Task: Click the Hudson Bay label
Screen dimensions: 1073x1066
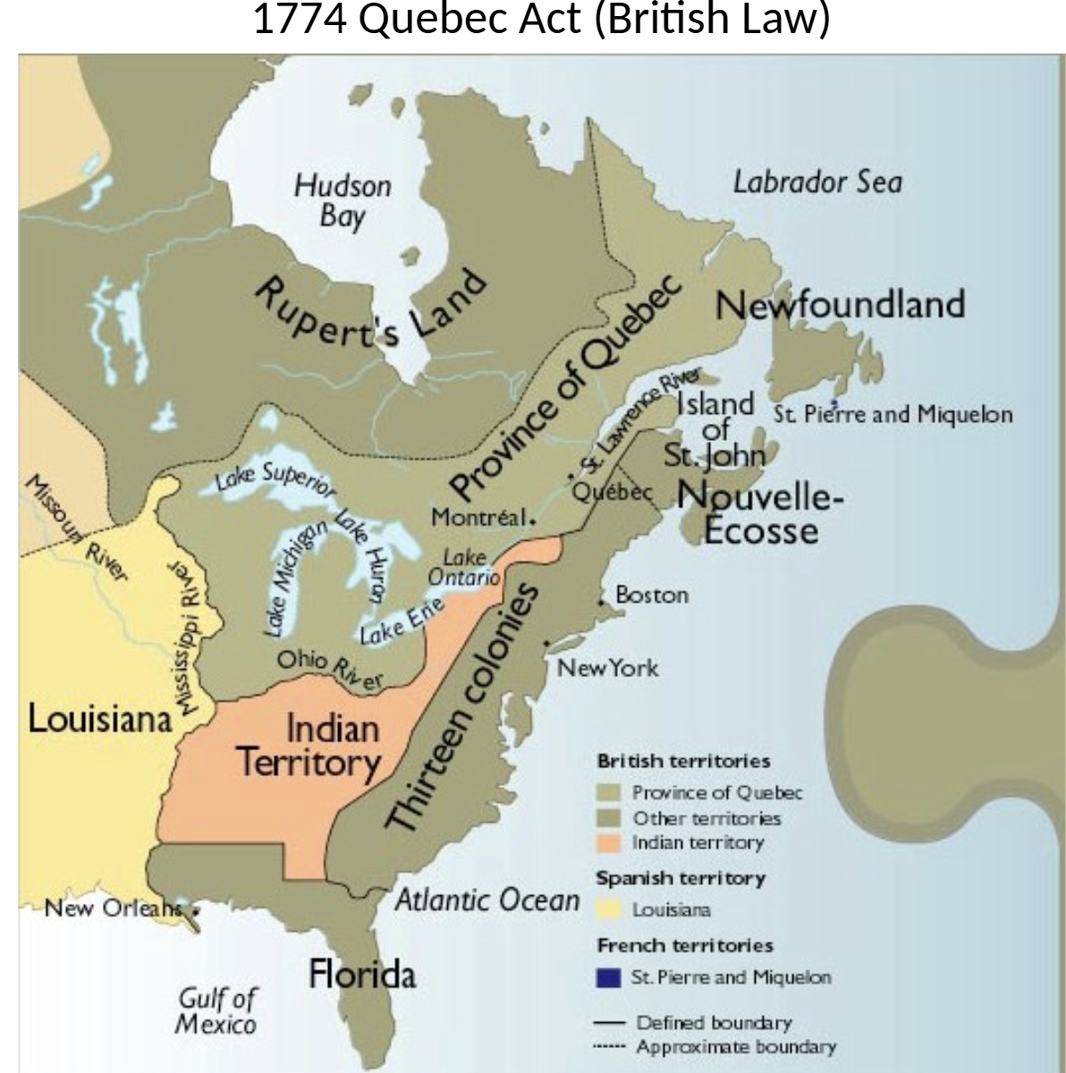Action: click(x=343, y=201)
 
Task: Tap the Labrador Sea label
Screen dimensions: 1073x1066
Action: click(x=817, y=182)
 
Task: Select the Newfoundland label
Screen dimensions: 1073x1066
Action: click(x=840, y=305)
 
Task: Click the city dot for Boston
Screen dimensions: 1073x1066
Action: click(x=601, y=607)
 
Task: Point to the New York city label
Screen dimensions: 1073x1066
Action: click(x=608, y=668)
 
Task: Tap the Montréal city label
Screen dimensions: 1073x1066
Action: click(x=478, y=518)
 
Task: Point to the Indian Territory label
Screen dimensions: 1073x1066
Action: click(x=309, y=746)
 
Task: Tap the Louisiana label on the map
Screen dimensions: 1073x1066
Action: click(x=99, y=717)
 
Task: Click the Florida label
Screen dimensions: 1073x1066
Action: click(x=362, y=974)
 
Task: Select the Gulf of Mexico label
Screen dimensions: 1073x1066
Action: click(x=217, y=1010)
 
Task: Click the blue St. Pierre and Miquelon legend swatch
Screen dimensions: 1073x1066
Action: click(x=610, y=978)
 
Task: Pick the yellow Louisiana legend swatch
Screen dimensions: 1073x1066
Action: click(x=610, y=910)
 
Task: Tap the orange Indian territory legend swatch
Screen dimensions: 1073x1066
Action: click(x=610, y=843)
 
